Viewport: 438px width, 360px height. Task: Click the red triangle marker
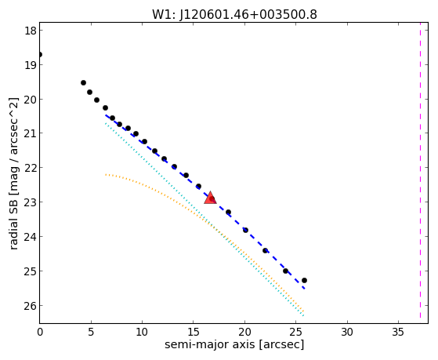click(x=210, y=198)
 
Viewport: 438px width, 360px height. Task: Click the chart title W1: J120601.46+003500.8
click(x=234, y=15)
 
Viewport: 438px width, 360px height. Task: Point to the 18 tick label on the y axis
click(x=31, y=31)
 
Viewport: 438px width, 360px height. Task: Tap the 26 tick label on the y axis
click(x=31, y=306)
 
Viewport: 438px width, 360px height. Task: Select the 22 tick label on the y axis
click(x=31, y=168)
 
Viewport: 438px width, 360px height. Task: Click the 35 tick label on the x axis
click(x=398, y=332)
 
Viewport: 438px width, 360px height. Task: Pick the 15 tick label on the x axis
click(x=194, y=332)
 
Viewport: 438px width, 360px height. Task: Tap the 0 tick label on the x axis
click(x=40, y=332)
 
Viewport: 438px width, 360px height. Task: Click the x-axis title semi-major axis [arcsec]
click(x=234, y=344)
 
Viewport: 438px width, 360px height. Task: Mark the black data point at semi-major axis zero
click(x=40, y=54)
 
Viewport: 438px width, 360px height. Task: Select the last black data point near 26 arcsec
click(x=304, y=280)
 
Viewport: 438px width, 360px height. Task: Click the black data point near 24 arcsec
click(x=285, y=271)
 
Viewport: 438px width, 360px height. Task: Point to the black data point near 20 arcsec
click(x=245, y=231)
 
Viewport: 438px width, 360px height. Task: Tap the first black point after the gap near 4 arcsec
click(x=83, y=82)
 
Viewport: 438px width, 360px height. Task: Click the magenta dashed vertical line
click(x=420, y=171)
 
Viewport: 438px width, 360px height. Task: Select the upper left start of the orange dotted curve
click(x=106, y=175)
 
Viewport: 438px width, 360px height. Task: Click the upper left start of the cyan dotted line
click(x=106, y=123)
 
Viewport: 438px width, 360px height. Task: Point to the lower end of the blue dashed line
click(x=304, y=288)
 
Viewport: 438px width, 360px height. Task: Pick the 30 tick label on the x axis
click(x=347, y=332)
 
